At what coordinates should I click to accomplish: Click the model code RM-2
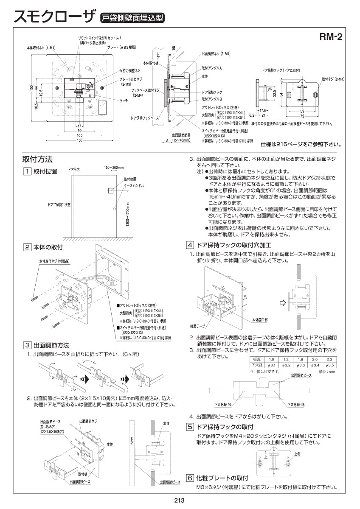(331, 37)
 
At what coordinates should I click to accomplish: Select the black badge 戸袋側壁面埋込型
(132, 18)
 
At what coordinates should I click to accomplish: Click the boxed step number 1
(27, 171)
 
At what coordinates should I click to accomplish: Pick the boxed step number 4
(190, 245)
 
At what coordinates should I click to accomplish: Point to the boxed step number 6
(190, 478)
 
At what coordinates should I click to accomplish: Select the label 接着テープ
(198, 327)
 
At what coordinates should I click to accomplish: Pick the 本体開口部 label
(260, 319)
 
